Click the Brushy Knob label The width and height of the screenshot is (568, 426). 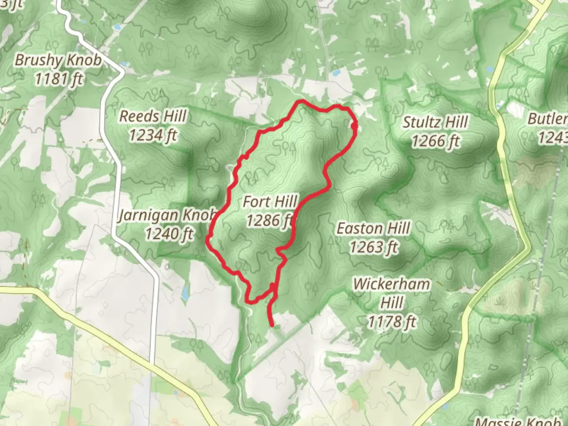(58, 60)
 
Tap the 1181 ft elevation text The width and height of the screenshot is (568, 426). (58, 79)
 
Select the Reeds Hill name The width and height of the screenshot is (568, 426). (153, 116)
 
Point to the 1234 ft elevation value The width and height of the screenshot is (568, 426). (153, 135)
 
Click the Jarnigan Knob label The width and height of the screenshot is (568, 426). (168, 215)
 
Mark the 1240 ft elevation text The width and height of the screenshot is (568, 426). (169, 234)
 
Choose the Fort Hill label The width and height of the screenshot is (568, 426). (270, 202)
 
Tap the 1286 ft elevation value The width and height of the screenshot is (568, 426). (270, 220)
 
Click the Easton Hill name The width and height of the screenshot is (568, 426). (373, 228)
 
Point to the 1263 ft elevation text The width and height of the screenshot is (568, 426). (373, 247)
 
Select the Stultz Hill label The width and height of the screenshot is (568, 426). (435, 122)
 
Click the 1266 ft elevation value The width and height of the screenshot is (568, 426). (435, 141)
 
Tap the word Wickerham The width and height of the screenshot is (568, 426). (391, 284)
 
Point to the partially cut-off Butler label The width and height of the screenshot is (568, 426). (548, 118)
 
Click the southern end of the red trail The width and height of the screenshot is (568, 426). (272, 325)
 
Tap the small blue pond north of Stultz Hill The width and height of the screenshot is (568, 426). (336, 73)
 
